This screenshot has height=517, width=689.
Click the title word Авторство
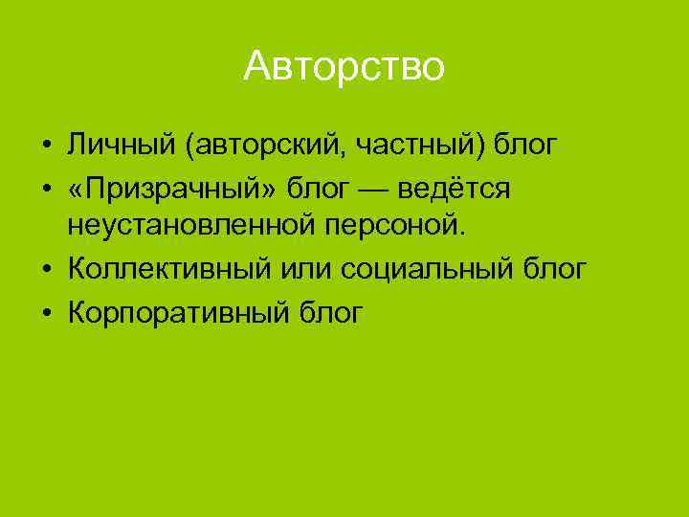(344, 67)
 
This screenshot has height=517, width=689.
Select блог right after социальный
(555, 269)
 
